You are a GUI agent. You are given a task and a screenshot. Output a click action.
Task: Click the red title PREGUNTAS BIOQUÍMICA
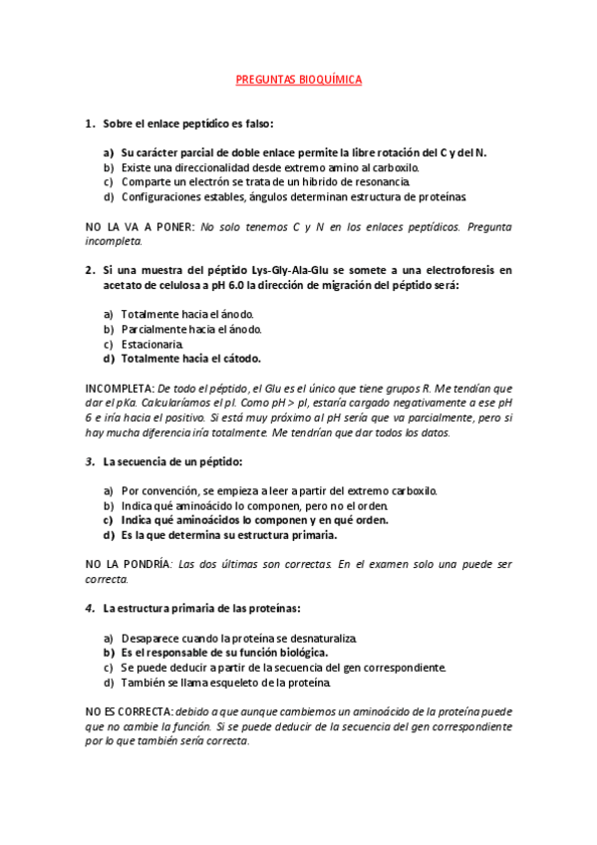point(298,79)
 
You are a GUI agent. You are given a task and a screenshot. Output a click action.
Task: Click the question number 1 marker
point(89,124)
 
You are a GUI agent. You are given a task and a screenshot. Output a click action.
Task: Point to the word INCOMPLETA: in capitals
point(119,387)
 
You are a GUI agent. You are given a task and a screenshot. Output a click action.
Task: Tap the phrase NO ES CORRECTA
point(129,713)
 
